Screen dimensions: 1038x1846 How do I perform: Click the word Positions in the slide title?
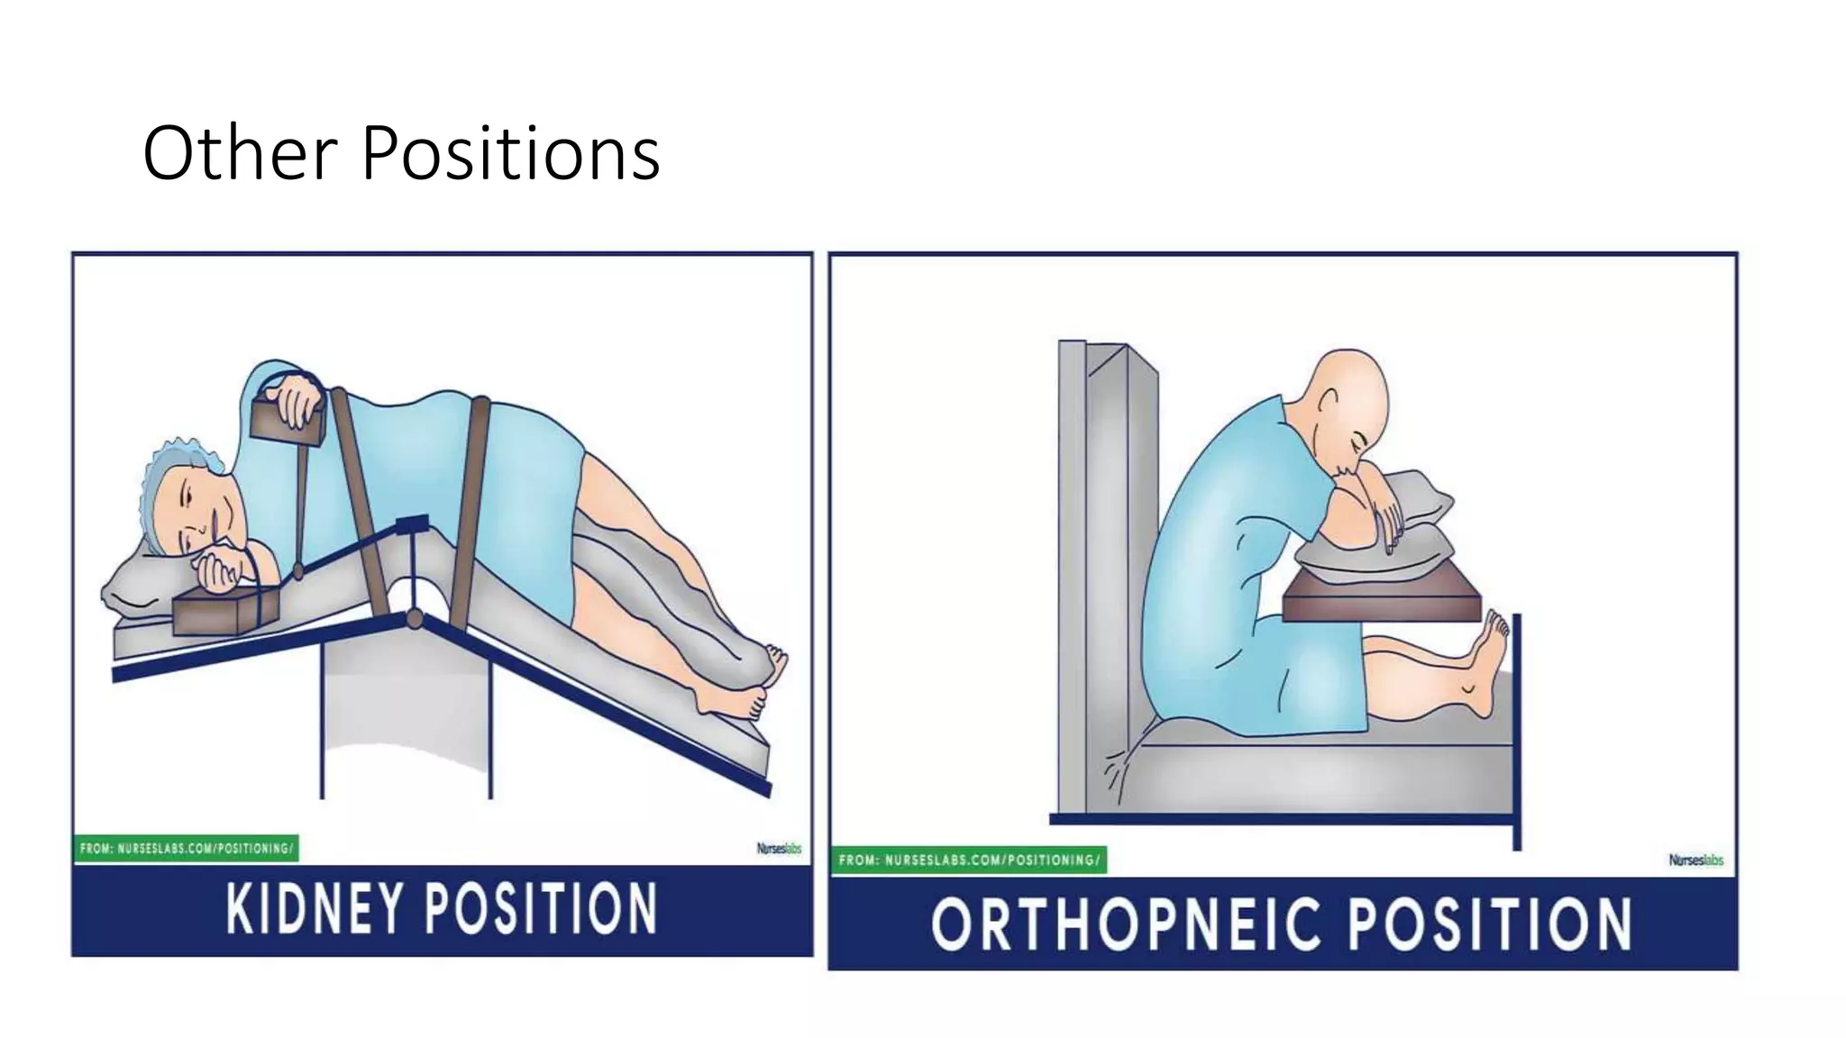pyautogui.click(x=510, y=155)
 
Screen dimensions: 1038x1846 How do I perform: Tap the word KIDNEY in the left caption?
pyautogui.click(x=313, y=908)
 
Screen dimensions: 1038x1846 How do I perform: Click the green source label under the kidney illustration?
pyautogui.click(x=186, y=849)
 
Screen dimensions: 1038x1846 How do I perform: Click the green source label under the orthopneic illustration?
pyautogui.click(x=968, y=860)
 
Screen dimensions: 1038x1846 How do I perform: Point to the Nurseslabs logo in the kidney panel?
pyautogui.click(x=779, y=849)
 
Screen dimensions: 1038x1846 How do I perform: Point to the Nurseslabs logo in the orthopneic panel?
pyautogui.click(x=1695, y=860)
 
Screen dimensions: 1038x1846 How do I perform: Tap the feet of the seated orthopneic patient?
pyautogui.click(x=1487, y=662)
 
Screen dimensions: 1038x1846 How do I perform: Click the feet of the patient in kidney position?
pyautogui.click(x=753, y=685)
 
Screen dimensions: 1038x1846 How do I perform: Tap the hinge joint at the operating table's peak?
pyautogui.click(x=414, y=618)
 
